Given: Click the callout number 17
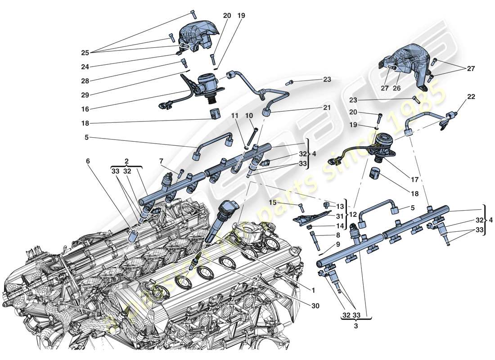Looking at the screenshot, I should [414, 180].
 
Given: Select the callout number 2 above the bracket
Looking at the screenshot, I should [127, 161].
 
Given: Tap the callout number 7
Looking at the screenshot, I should [161, 161].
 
